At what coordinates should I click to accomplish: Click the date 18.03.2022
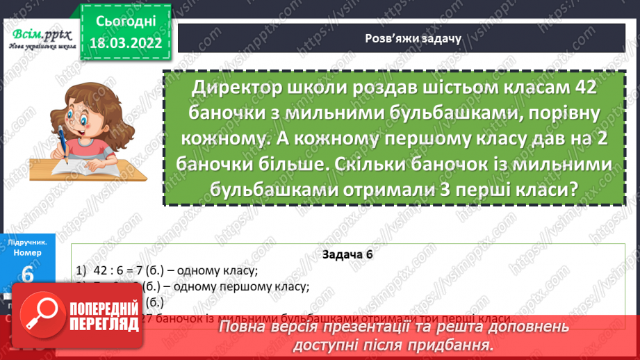(x=126, y=43)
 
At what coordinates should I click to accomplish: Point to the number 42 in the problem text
(x=576, y=89)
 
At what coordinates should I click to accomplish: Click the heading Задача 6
(x=348, y=254)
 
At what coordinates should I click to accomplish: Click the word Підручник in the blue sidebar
(x=27, y=242)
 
